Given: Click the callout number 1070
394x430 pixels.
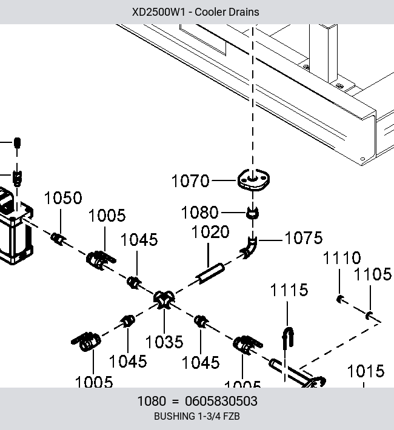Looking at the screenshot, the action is coord(190,181).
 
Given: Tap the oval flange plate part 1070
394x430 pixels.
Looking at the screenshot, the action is coord(253,180).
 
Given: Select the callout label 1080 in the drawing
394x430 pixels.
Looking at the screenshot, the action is coord(199,213).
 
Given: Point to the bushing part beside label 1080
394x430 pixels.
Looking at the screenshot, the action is coord(252,213).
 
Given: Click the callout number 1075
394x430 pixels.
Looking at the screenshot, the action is coord(304,238).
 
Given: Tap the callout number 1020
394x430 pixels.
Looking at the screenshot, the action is coord(210,232).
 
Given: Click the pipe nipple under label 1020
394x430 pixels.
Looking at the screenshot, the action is coord(210,273).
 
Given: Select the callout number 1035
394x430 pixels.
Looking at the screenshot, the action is coord(164,342).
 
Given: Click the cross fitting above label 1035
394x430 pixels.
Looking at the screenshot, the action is coord(164,299).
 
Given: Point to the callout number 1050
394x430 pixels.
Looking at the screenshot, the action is coord(63,198).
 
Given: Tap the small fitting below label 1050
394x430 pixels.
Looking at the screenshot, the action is coord(58,239).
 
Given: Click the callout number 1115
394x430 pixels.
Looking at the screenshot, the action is coord(289,290).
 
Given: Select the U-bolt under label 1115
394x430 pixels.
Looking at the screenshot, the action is coord(288,337).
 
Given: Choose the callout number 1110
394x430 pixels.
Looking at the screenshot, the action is coord(342,258).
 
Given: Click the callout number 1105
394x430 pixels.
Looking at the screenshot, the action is coord(373,274).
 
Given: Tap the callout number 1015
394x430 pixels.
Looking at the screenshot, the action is coord(366,371).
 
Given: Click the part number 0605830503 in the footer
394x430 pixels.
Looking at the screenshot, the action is coord(221,401).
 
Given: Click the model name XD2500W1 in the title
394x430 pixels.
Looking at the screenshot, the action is coord(159,12).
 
